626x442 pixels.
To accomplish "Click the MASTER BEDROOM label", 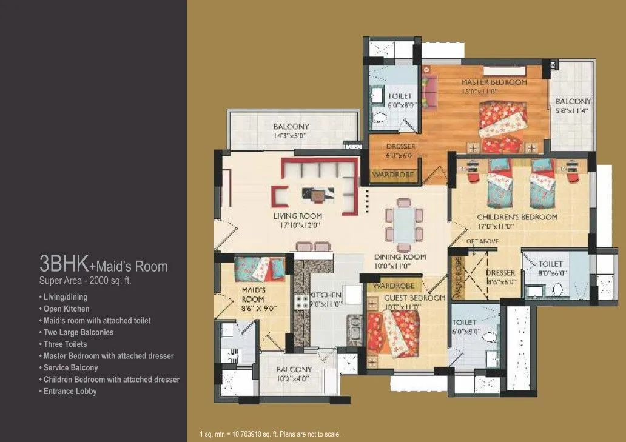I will (494, 82).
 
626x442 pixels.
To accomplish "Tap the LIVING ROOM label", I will (297, 216).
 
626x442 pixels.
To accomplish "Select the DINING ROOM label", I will (400, 257).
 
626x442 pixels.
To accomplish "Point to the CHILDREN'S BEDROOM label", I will (517, 217).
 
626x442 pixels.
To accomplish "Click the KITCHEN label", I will (327, 295).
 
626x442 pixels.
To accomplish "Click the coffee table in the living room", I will (318, 194).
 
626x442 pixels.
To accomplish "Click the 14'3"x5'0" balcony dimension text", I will (290, 136).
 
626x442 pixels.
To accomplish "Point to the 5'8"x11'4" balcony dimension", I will (573, 111).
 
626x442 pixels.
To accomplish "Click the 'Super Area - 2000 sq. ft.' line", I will (85, 281).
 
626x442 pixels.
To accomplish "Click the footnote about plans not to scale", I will (270, 434).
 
